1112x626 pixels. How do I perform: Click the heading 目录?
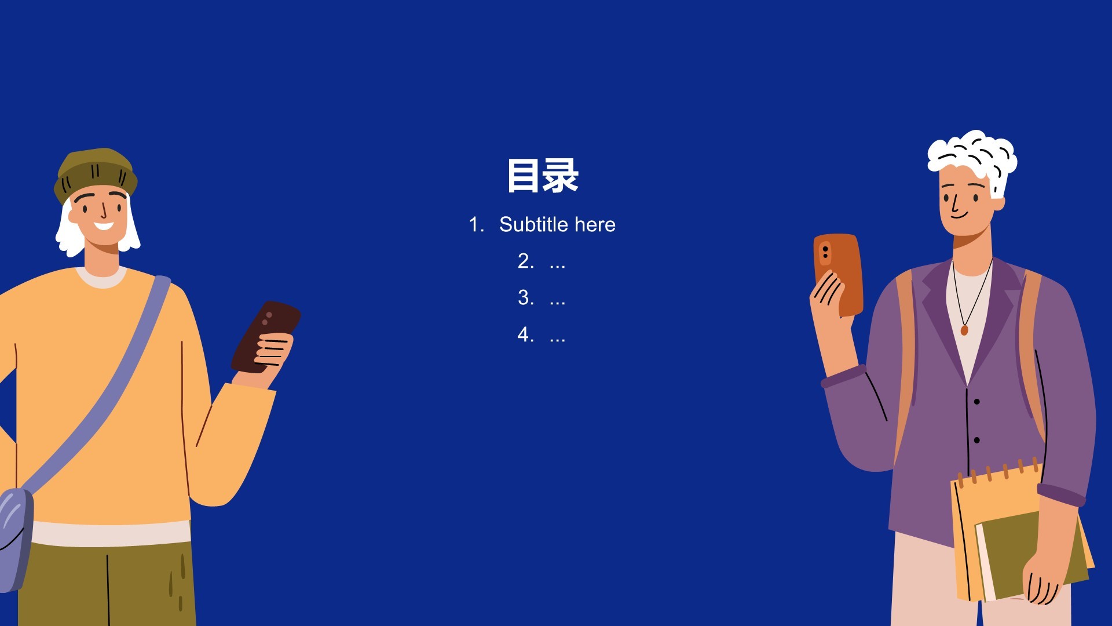(x=543, y=176)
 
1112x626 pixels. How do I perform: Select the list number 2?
(x=525, y=261)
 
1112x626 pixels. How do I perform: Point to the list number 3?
(x=525, y=297)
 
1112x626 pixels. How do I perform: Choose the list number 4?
(x=525, y=334)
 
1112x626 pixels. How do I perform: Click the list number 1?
(x=475, y=224)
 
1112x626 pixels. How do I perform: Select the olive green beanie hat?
(x=96, y=171)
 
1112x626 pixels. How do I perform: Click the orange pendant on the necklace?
(x=964, y=330)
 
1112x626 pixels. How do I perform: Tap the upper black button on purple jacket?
(x=977, y=402)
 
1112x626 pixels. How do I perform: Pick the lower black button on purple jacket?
(x=977, y=441)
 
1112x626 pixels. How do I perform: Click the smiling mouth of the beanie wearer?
(x=104, y=225)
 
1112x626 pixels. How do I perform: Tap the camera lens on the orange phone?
(x=825, y=253)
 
